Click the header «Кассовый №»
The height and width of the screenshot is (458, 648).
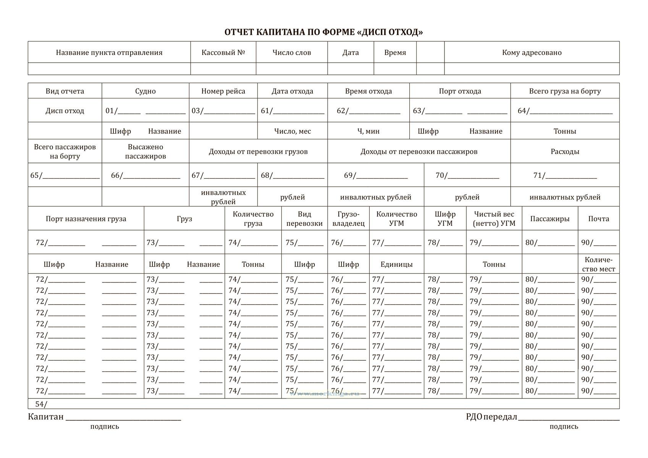(223, 53)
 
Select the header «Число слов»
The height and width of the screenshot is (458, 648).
(292, 53)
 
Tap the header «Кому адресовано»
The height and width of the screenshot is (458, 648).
(532, 53)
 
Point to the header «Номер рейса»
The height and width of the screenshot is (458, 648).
(223, 91)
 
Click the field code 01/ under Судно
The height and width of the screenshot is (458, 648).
(112, 111)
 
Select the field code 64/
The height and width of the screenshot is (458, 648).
(524, 111)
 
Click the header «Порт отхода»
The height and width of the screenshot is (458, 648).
(460, 91)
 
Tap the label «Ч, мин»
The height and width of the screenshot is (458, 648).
(368, 131)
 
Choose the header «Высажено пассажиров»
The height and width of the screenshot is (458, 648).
(145, 152)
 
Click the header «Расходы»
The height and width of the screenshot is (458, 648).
(565, 152)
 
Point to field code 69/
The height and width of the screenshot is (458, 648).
(350, 176)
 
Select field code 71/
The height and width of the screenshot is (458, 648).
(539, 176)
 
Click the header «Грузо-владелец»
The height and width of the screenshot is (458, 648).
(348, 219)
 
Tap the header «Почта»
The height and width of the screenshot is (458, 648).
(598, 219)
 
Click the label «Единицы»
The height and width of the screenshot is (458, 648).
(396, 264)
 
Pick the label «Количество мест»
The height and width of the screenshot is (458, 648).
(598, 264)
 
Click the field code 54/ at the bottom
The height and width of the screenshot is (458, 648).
(41, 404)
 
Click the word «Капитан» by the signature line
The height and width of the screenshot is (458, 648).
(45, 416)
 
